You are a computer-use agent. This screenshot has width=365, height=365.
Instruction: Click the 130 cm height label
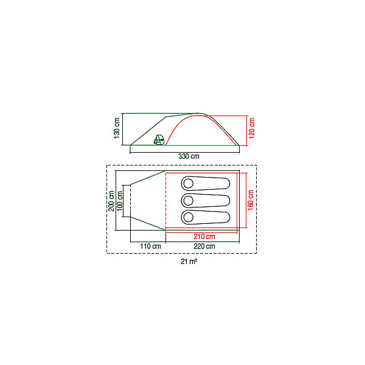coord(117,128)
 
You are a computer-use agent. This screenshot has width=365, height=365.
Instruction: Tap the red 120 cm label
coord(252,128)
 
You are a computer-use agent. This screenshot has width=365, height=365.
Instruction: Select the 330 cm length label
coord(189,156)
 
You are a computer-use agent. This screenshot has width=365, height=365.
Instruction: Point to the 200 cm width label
coord(111,201)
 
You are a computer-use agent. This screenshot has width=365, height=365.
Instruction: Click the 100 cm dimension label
coord(120,201)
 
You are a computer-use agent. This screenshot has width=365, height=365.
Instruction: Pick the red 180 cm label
coord(251,200)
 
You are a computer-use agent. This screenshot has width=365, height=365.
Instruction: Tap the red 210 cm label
coord(204,237)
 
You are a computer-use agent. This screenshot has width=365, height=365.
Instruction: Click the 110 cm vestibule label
coord(150,246)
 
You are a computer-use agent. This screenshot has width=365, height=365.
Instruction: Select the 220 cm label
coord(204,246)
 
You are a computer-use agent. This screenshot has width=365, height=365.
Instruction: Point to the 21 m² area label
coord(189,262)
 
